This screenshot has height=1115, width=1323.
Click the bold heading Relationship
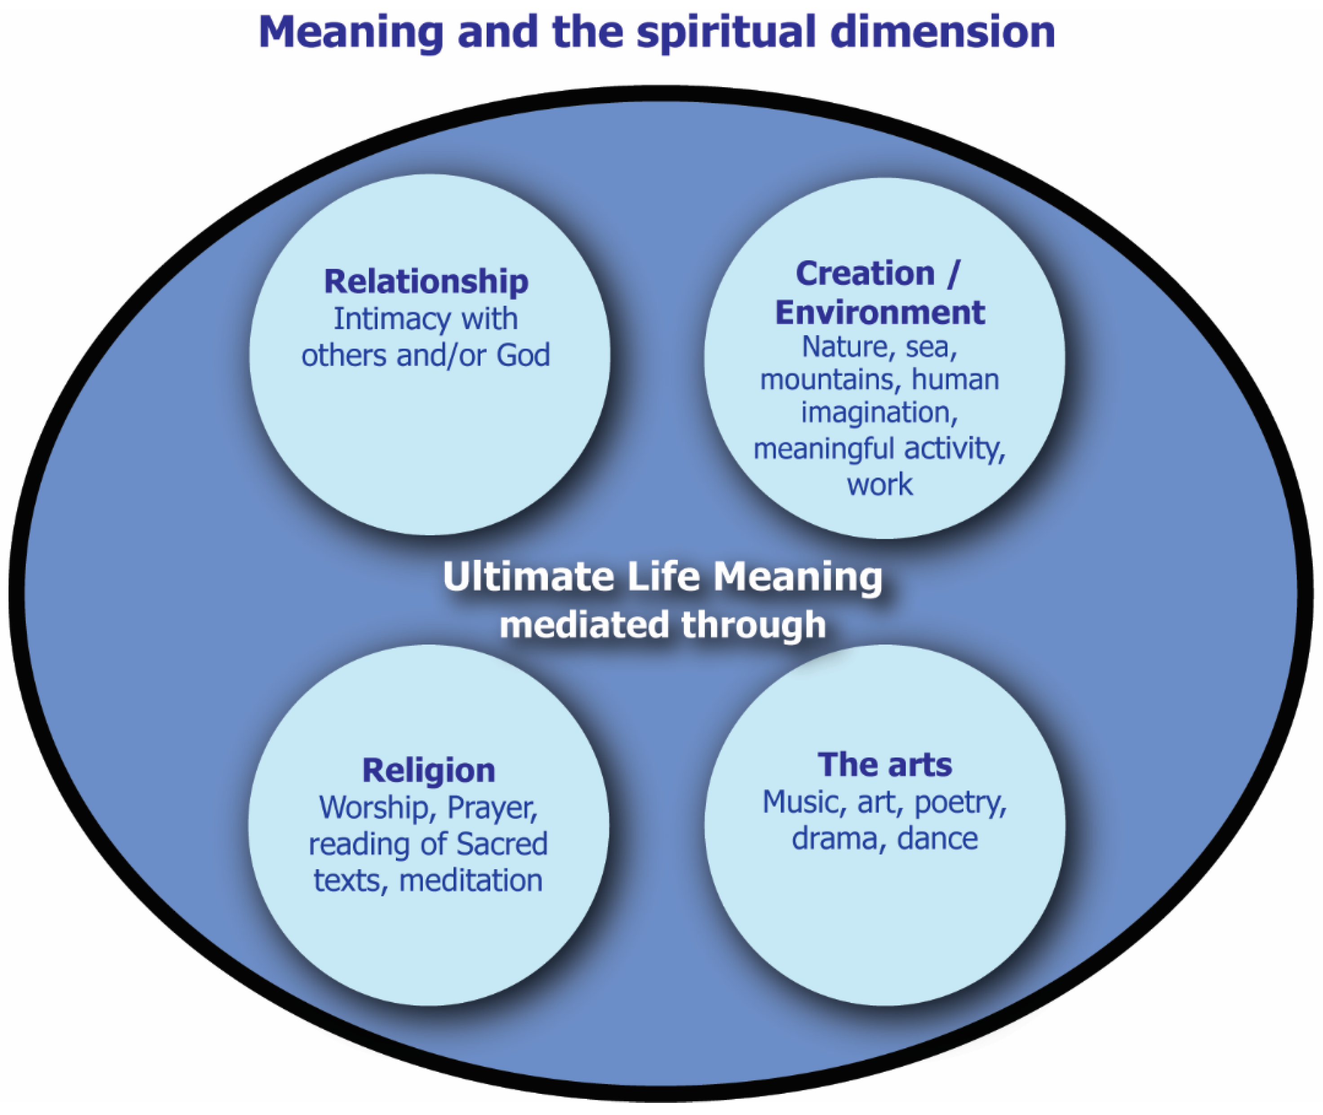[426, 281]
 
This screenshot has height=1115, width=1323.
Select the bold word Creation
[865, 274]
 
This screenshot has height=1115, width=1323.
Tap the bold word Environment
[880, 312]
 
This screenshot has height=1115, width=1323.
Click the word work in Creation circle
[879, 485]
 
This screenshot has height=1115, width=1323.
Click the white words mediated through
[662, 625]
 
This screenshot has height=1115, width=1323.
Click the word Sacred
[501, 844]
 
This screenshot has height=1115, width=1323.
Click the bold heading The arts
[884, 765]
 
